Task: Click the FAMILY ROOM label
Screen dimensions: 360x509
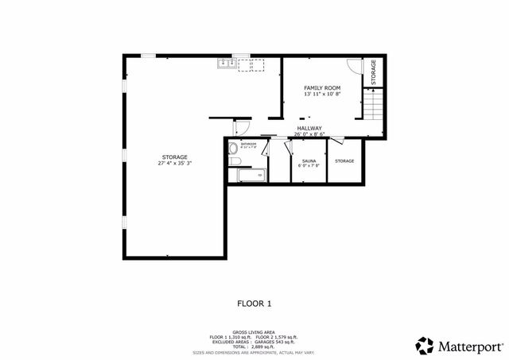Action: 322,87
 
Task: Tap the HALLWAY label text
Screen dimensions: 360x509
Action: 309,128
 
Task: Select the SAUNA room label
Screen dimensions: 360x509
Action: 309,161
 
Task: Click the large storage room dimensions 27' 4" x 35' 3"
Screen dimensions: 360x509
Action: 174,163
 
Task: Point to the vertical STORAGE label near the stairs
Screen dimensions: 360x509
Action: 374,72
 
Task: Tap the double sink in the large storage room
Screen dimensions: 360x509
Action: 227,64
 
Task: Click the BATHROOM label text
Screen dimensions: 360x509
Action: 249,144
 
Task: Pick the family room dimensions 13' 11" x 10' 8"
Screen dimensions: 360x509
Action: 322,95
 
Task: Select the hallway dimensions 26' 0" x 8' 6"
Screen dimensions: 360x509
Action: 309,134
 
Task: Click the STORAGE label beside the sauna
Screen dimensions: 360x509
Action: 344,161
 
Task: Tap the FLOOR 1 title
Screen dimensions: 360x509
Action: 254,303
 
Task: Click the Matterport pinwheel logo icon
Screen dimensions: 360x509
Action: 425,345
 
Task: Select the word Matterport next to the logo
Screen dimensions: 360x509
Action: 470,345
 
